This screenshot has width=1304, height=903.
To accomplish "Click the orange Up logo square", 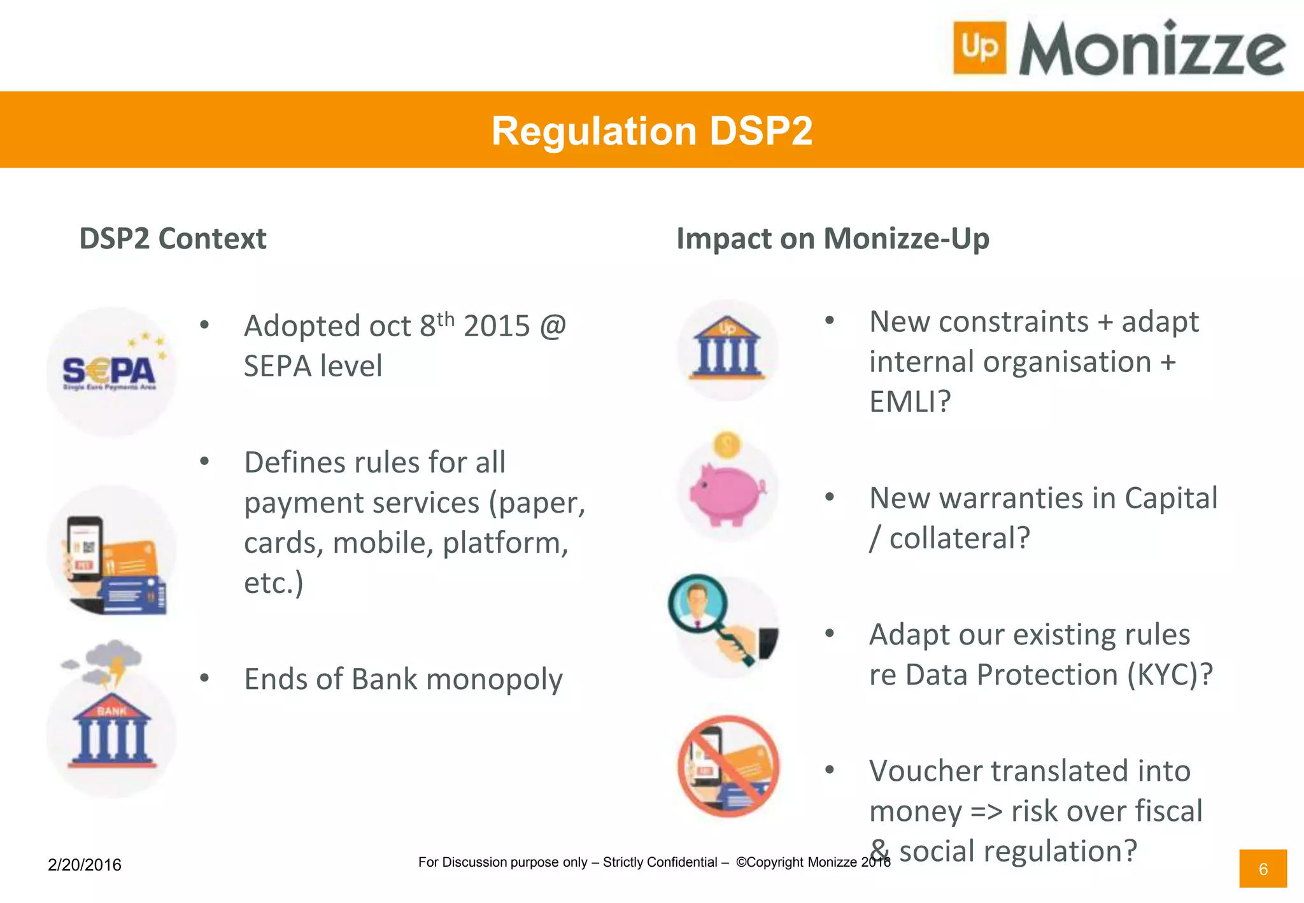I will (979, 48).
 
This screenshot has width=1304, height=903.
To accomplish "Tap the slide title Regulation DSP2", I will (651, 131).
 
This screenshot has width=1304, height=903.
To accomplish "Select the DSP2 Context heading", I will (173, 239).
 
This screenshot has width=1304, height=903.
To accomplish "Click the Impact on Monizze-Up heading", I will (832, 239).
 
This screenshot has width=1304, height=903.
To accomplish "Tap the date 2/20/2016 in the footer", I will (85, 865).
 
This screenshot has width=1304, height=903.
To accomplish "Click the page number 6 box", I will (1263, 869).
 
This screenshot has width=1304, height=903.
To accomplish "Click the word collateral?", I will (960, 539).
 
